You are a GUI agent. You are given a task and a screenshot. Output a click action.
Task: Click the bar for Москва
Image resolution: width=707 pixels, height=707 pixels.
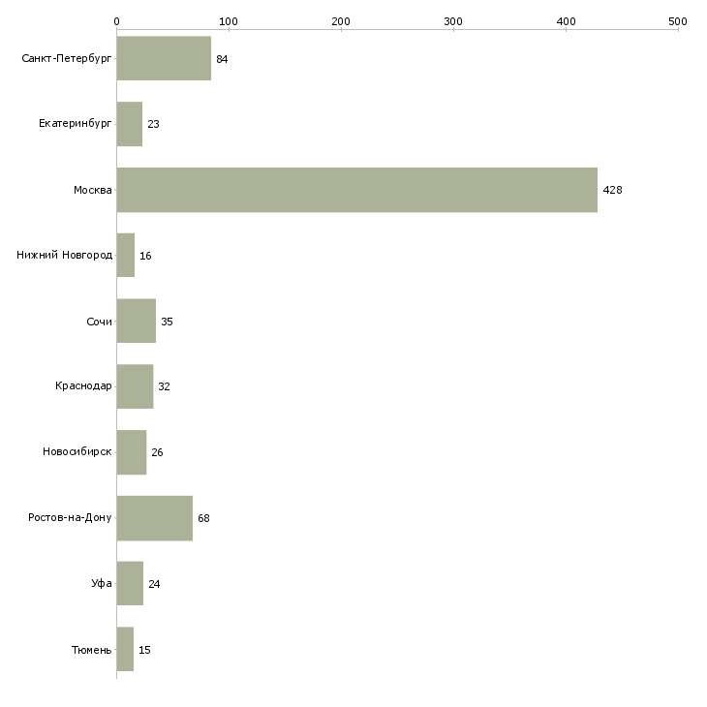pyautogui.click(x=357, y=190)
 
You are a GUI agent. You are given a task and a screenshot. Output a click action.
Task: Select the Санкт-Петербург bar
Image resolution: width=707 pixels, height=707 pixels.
pyautogui.click(x=164, y=58)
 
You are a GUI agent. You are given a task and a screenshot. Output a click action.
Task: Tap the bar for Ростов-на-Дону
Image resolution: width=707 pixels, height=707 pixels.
pyautogui.click(x=155, y=518)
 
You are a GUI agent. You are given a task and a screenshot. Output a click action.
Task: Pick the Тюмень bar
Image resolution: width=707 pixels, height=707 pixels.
pyautogui.click(x=125, y=649)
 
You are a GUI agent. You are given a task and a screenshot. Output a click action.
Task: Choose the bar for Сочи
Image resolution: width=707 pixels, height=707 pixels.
pyautogui.click(x=137, y=321)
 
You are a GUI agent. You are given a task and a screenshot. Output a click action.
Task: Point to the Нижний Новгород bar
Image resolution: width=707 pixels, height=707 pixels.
pyautogui.click(x=126, y=256)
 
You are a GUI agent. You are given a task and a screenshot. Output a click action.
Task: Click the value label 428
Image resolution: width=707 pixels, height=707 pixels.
pyautogui.click(x=612, y=190)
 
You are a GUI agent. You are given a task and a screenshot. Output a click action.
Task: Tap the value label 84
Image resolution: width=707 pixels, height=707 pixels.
pyautogui.click(x=222, y=59)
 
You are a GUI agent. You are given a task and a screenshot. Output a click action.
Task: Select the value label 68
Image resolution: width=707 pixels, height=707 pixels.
pyautogui.click(x=203, y=518)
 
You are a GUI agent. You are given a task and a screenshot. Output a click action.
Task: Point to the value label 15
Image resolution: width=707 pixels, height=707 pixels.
pyautogui.click(x=144, y=650)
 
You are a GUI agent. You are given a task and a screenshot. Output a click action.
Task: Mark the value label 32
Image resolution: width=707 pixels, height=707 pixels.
pyautogui.click(x=164, y=386)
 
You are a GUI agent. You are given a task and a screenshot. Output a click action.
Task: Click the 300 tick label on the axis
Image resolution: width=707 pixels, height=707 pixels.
pyautogui.click(x=453, y=21)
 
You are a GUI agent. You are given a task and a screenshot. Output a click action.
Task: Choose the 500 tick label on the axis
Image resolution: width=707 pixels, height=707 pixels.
pyautogui.click(x=678, y=21)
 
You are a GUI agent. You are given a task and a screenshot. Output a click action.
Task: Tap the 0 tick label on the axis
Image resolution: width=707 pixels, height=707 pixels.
pyautogui.click(x=117, y=21)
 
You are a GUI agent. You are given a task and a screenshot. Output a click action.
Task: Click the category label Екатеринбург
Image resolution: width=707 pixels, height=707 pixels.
pyautogui.click(x=75, y=124)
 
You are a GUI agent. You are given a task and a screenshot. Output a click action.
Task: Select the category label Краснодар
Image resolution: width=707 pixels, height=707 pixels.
pyautogui.click(x=83, y=386)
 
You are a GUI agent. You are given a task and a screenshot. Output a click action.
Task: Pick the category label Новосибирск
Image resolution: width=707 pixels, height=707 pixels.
pyautogui.click(x=77, y=451)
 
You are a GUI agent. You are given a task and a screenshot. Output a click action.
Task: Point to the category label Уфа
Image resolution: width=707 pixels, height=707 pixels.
pyautogui.click(x=102, y=583)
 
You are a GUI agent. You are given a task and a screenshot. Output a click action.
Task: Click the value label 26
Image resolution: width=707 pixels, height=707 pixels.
pyautogui.click(x=157, y=452)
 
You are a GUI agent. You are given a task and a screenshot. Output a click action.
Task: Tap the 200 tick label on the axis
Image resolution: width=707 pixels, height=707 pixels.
pyautogui.click(x=341, y=21)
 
